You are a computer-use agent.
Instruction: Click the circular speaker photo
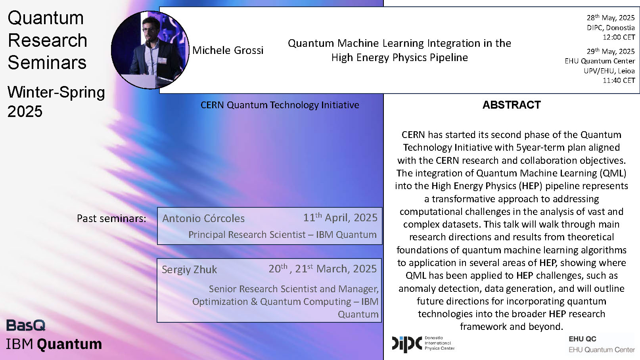pyautogui.click(x=150, y=50)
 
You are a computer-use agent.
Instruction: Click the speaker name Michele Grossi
pyautogui.click(x=228, y=50)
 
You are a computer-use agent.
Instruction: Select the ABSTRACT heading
pyautogui.click(x=512, y=105)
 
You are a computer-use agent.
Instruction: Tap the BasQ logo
pyautogui.click(x=26, y=326)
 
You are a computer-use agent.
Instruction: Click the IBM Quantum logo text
pyautogui.click(x=54, y=344)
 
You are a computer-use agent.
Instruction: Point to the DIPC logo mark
pyautogui.click(x=407, y=344)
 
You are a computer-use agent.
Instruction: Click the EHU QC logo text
pyautogui.click(x=582, y=339)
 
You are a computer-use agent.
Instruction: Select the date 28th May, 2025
pyautogui.click(x=611, y=18)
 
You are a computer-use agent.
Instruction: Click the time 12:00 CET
pyautogui.click(x=619, y=37)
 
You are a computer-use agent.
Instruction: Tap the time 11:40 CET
pyautogui.click(x=619, y=80)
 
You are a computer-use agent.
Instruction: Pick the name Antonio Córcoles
pyautogui.click(x=203, y=218)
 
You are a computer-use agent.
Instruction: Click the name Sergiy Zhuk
pyautogui.click(x=189, y=270)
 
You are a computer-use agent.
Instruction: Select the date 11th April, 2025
pyautogui.click(x=340, y=218)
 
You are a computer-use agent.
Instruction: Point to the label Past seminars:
pyautogui.click(x=111, y=218)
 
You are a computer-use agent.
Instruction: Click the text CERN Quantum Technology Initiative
pyautogui.click(x=280, y=105)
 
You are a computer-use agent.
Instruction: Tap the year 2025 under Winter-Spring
pyautogui.click(x=25, y=111)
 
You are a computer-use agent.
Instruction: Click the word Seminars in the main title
pyautogui.click(x=47, y=63)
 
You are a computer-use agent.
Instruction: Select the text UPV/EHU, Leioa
pyautogui.click(x=609, y=71)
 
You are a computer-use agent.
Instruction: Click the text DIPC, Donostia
pyautogui.click(x=611, y=28)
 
